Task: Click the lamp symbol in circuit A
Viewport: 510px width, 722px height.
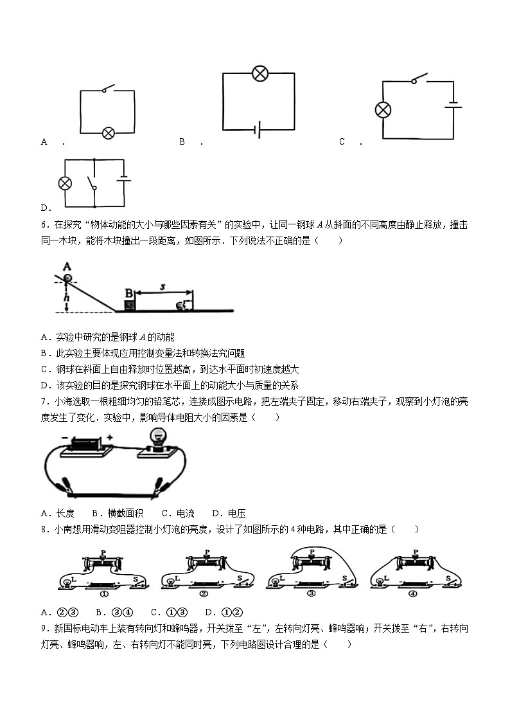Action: [x=109, y=133]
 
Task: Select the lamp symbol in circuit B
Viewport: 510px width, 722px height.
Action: [x=259, y=73]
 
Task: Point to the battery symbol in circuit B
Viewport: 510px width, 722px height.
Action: [x=257, y=131]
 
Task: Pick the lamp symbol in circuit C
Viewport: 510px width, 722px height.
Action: [x=383, y=110]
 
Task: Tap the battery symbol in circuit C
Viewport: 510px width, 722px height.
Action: [x=453, y=104]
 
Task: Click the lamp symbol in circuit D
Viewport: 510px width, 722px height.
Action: [x=65, y=183]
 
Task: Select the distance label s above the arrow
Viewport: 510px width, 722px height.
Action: [x=163, y=287]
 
